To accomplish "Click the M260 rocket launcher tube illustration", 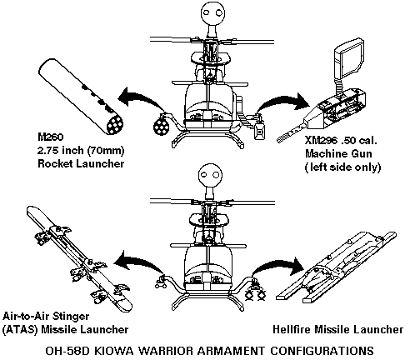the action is coord(81,97).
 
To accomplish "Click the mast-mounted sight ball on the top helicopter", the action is coord(212,12).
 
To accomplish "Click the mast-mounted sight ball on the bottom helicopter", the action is coord(210,175).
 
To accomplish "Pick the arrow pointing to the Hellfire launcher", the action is coord(277,264).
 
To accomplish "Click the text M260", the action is coord(51,137).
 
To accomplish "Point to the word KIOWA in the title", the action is coord(114,351).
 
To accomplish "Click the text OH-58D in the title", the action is coord(67,351).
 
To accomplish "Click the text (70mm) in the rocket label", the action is coord(106,150).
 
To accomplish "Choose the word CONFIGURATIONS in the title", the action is coord(322,351).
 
